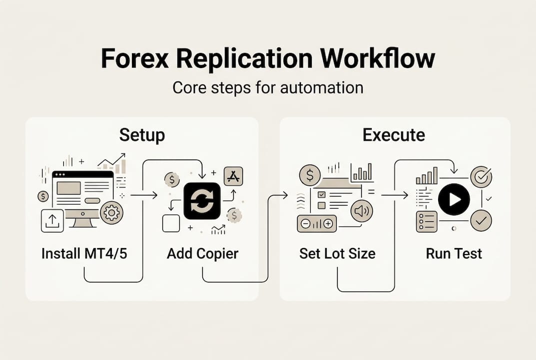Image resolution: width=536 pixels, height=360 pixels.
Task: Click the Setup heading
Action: (142, 135)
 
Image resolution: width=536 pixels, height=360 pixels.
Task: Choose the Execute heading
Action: (394, 135)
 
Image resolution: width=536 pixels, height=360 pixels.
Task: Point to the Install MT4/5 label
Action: (84, 253)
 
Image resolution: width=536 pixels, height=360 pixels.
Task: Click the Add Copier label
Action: (202, 253)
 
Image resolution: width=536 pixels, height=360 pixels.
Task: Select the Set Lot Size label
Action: (337, 253)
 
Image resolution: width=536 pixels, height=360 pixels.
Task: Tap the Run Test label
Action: (454, 253)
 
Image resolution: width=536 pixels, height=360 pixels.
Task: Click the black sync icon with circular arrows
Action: (202, 200)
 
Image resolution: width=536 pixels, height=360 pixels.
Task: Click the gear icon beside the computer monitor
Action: (111, 213)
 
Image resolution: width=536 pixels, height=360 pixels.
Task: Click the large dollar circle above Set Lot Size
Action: (310, 175)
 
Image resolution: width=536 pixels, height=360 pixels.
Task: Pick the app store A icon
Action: (233, 176)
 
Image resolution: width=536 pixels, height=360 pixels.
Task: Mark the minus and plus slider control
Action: (317, 224)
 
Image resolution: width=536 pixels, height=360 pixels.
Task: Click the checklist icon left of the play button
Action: (426, 221)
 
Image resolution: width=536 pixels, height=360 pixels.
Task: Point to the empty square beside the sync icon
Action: (171, 223)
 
